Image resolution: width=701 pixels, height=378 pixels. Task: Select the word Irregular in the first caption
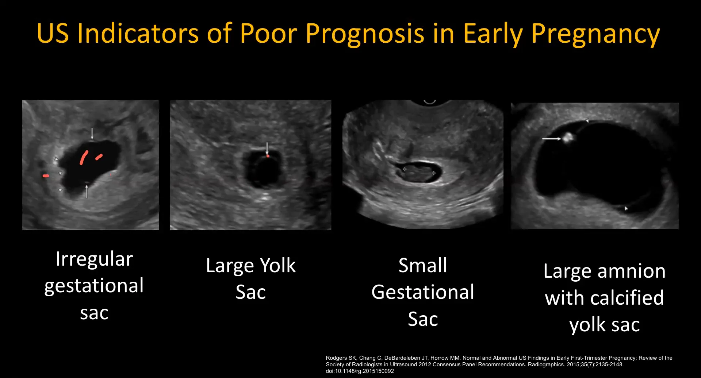[94, 259]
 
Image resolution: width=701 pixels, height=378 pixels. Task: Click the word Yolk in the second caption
[278, 265]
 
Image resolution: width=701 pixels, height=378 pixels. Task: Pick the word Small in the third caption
[422, 265]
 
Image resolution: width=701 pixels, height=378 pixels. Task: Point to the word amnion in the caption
[631, 271]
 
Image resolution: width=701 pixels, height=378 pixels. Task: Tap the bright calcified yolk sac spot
[568, 138]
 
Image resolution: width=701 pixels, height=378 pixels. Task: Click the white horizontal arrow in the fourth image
[551, 139]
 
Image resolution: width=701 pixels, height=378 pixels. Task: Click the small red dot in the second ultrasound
[268, 156]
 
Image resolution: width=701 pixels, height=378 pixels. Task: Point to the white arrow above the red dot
[267, 148]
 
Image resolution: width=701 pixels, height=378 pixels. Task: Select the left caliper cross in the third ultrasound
[404, 169]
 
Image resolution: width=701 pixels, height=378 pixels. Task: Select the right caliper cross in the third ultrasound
[433, 173]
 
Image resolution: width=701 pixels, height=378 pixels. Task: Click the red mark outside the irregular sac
[46, 176]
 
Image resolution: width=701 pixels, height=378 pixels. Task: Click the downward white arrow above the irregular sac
[92, 133]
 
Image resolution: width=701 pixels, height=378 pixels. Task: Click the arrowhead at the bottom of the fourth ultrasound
[626, 208]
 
